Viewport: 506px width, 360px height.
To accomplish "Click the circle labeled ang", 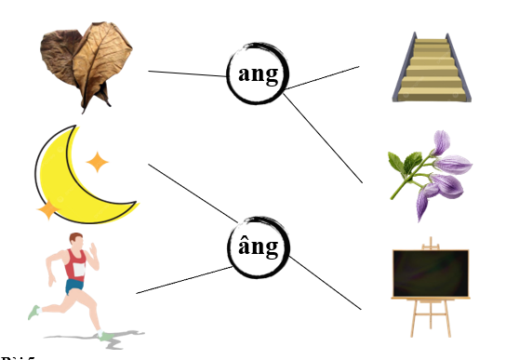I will click(x=259, y=75).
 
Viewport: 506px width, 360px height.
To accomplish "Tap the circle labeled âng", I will click(x=259, y=247).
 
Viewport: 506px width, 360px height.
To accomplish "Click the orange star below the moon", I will click(x=47, y=210).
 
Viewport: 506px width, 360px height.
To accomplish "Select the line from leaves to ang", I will click(x=186, y=73).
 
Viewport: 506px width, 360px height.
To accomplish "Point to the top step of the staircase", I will click(x=431, y=42).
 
